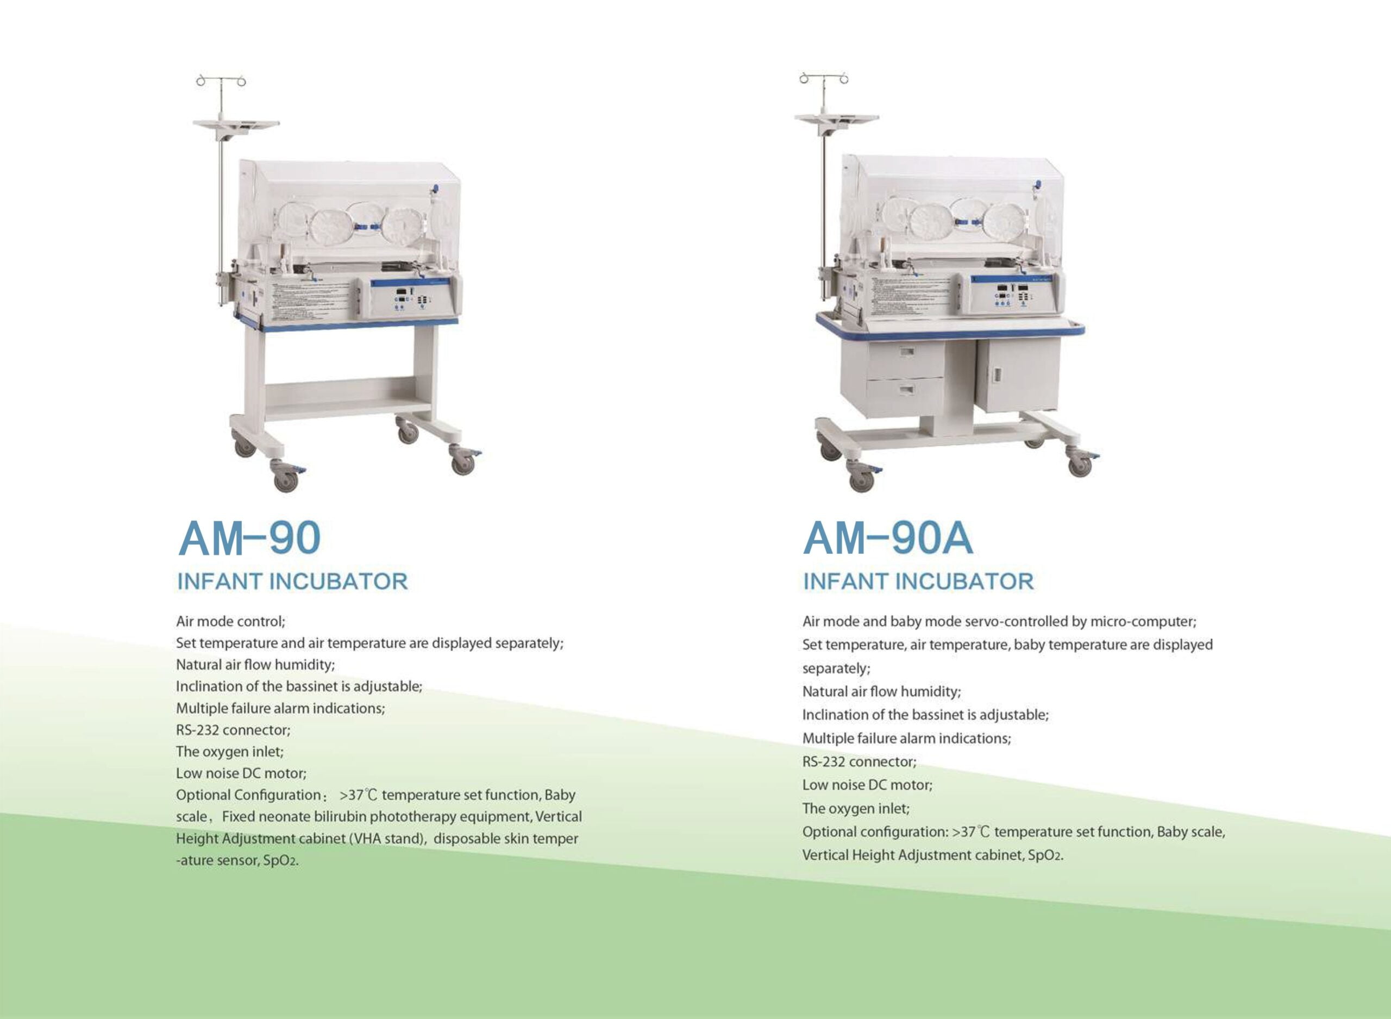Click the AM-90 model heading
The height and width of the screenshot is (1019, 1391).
249,538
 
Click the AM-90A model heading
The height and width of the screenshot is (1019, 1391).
888,538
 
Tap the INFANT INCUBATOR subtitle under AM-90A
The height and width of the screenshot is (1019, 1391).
918,581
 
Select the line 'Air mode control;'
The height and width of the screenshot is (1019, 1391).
230,621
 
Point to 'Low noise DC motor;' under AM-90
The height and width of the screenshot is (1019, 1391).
241,773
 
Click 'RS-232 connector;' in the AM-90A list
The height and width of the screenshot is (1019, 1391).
860,762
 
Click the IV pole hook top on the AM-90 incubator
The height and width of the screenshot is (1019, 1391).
221,81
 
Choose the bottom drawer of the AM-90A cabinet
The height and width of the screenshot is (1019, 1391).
905,396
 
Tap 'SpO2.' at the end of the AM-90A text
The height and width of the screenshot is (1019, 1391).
1046,855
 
